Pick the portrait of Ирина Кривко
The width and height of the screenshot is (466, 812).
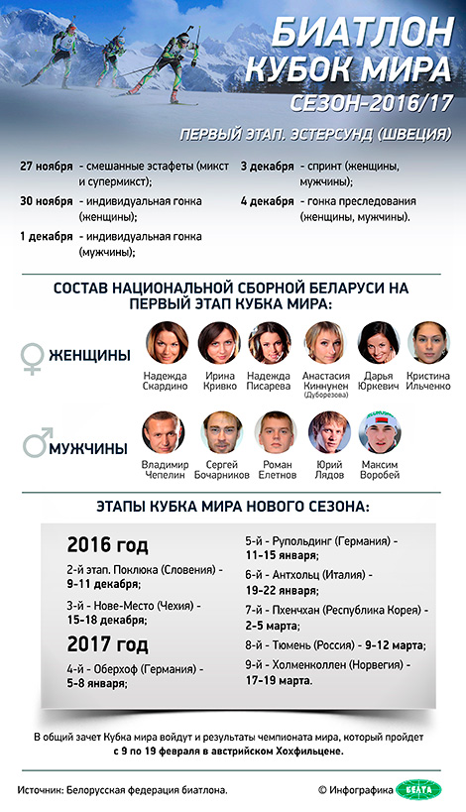(219, 342)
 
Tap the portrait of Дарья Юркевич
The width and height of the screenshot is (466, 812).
(379, 342)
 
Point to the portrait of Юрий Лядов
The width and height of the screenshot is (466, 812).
(327, 432)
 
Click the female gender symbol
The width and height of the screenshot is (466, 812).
(33, 358)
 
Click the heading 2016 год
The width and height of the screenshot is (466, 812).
(107, 545)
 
